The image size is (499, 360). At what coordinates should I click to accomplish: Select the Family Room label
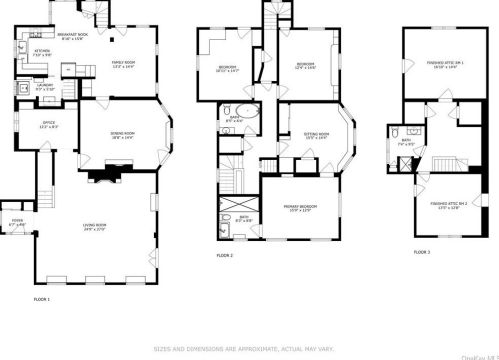122,66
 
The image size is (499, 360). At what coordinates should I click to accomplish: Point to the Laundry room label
45,86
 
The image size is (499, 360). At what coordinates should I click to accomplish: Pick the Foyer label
18,223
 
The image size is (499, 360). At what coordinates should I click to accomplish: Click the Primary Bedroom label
300,208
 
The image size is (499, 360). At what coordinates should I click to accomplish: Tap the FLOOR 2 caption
225,256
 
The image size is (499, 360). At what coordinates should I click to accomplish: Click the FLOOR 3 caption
423,252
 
